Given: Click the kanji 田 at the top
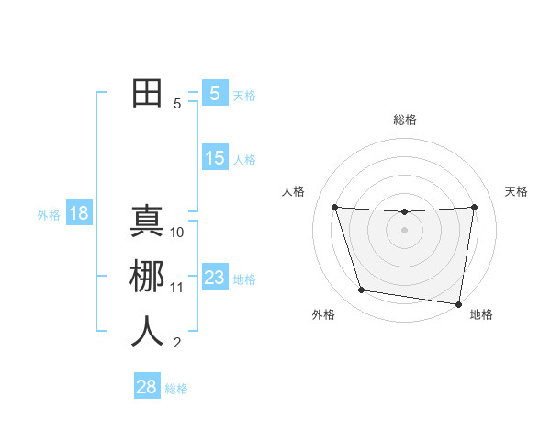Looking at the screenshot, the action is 147,93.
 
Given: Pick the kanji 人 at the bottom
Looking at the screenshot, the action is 147,331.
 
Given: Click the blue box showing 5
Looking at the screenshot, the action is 215,93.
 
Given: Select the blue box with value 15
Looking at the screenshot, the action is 215,158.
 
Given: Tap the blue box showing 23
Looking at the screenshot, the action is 215,278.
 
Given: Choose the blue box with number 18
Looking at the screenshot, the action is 79,213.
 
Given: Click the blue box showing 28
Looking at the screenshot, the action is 147,387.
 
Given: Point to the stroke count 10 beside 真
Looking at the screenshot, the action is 178,233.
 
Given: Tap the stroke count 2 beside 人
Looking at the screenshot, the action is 177,343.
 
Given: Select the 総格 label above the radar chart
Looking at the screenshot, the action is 405,119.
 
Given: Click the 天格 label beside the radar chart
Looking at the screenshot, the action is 517,191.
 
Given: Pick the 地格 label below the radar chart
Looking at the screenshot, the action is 481,314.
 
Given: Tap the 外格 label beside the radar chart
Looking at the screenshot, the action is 323,314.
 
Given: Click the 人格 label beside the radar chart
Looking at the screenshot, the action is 293,191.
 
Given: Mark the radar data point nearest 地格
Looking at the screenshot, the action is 459,303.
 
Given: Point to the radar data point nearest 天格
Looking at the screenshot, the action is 474,207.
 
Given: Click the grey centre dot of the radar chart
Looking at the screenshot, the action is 404,230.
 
